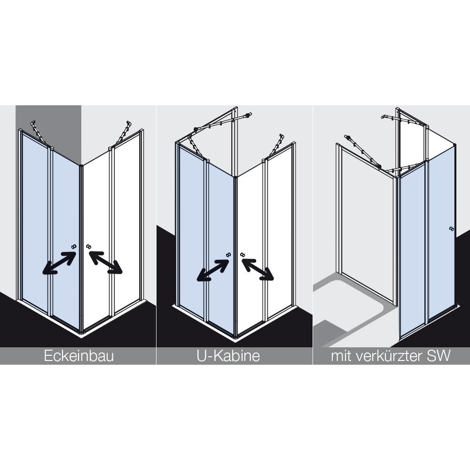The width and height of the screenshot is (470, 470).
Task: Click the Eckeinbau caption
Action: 79,356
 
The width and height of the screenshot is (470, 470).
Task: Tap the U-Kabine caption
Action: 228,356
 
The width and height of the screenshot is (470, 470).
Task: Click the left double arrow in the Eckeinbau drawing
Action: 59,263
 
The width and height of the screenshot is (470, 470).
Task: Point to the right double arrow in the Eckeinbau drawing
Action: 105,262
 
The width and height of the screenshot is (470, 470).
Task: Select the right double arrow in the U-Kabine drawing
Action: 258,269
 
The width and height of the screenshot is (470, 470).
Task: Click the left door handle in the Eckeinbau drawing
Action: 74,246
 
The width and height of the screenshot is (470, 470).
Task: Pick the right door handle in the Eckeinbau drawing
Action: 88,246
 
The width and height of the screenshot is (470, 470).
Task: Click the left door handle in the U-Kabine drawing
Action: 229,254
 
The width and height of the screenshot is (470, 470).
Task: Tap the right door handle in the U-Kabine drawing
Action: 243,254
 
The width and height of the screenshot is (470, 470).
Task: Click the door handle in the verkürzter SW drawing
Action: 452,229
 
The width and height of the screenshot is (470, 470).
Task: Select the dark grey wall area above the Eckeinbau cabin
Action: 48,126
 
